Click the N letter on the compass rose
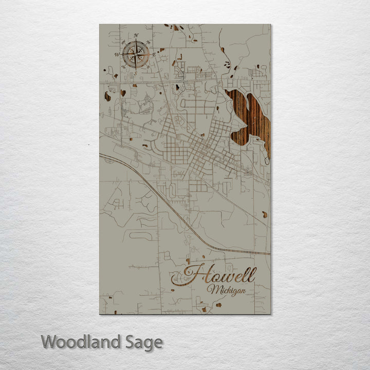tap(136, 35)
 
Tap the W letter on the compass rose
tap(117, 54)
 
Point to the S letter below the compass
tap(135, 72)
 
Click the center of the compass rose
tap(136, 54)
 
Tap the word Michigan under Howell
tap(226, 290)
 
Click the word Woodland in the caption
tap(81, 341)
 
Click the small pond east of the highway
tap(265, 214)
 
